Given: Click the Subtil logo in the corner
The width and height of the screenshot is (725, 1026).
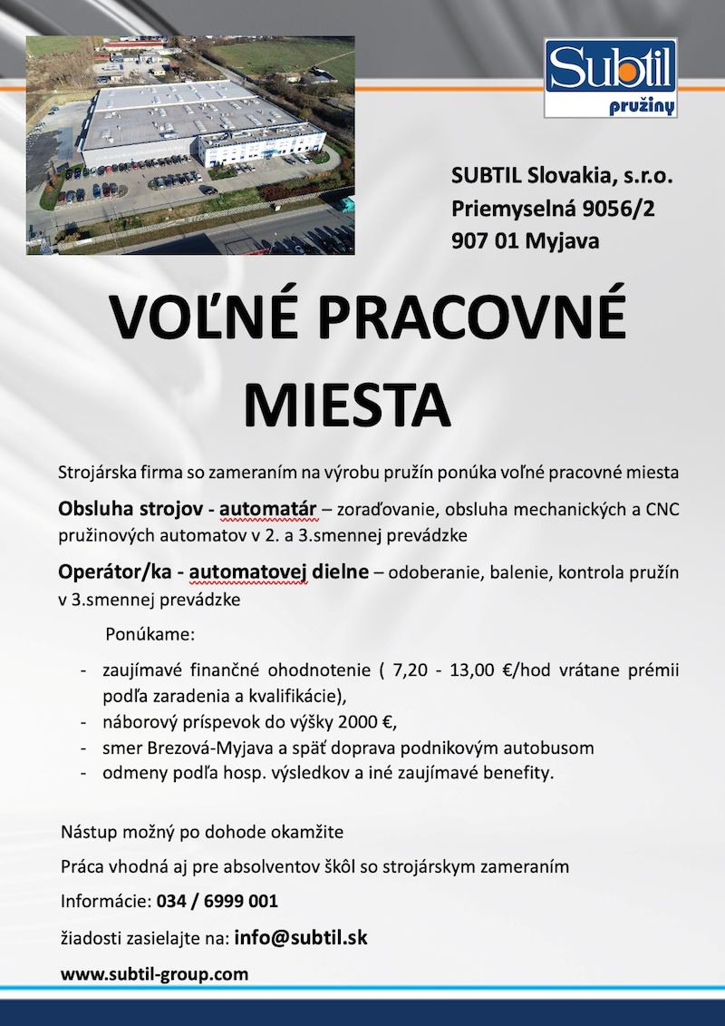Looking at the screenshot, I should (610, 77).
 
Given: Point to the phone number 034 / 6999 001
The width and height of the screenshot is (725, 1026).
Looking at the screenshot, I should (217, 902).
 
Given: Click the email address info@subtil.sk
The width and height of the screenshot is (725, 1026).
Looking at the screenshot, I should (301, 937).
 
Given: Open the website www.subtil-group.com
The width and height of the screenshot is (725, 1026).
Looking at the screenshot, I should (154, 974).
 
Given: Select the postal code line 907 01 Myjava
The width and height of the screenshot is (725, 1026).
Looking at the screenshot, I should (526, 240).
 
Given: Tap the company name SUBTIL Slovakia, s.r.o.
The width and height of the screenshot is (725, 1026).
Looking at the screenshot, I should (563, 177).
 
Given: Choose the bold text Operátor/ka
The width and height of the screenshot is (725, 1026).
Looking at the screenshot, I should (109, 572).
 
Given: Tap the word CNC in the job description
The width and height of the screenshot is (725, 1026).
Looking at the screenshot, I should (662, 508).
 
